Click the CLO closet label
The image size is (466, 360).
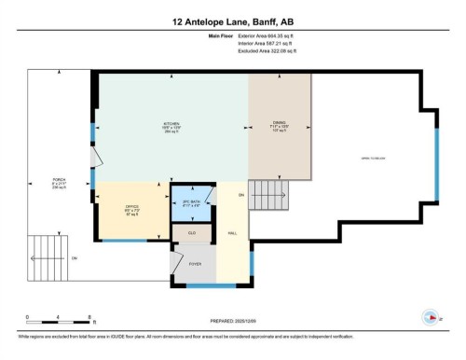pyautogui.click(x=191, y=232)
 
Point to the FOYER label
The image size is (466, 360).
pyautogui.click(x=195, y=264)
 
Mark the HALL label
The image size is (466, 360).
pyautogui.click(x=232, y=232)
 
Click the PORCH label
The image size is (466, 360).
pyautogui.click(x=58, y=183)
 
